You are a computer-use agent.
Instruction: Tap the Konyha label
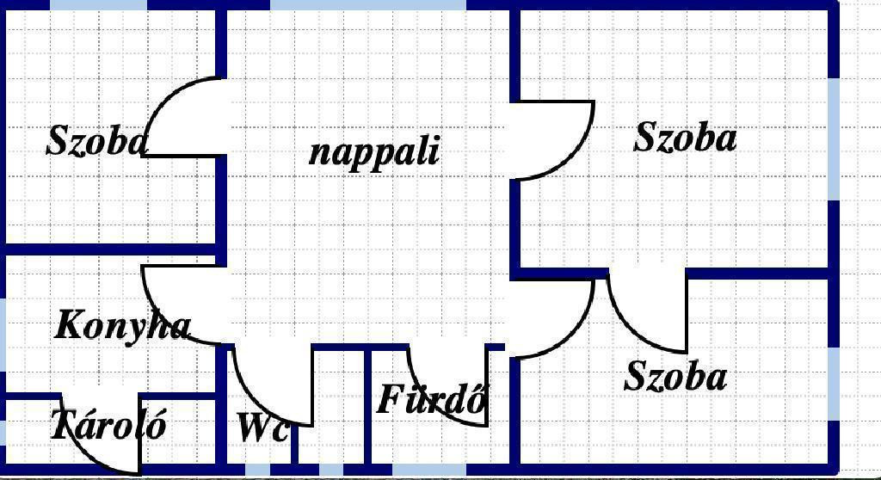pyautogui.click(x=122, y=325)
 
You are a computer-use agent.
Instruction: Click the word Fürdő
pyautogui.click(x=432, y=400)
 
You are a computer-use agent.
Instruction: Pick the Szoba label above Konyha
pyautogui.click(x=96, y=140)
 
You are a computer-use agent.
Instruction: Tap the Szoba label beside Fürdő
pyautogui.click(x=675, y=375)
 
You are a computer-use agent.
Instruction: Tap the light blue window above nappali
pyautogui.click(x=368, y=5)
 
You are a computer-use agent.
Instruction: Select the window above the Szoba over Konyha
pyautogui.click(x=99, y=5)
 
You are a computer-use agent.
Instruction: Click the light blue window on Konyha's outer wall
pyautogui.click(x=3, y=335)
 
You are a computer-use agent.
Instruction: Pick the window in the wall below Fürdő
pyautogui.click(x=428, y=470)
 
